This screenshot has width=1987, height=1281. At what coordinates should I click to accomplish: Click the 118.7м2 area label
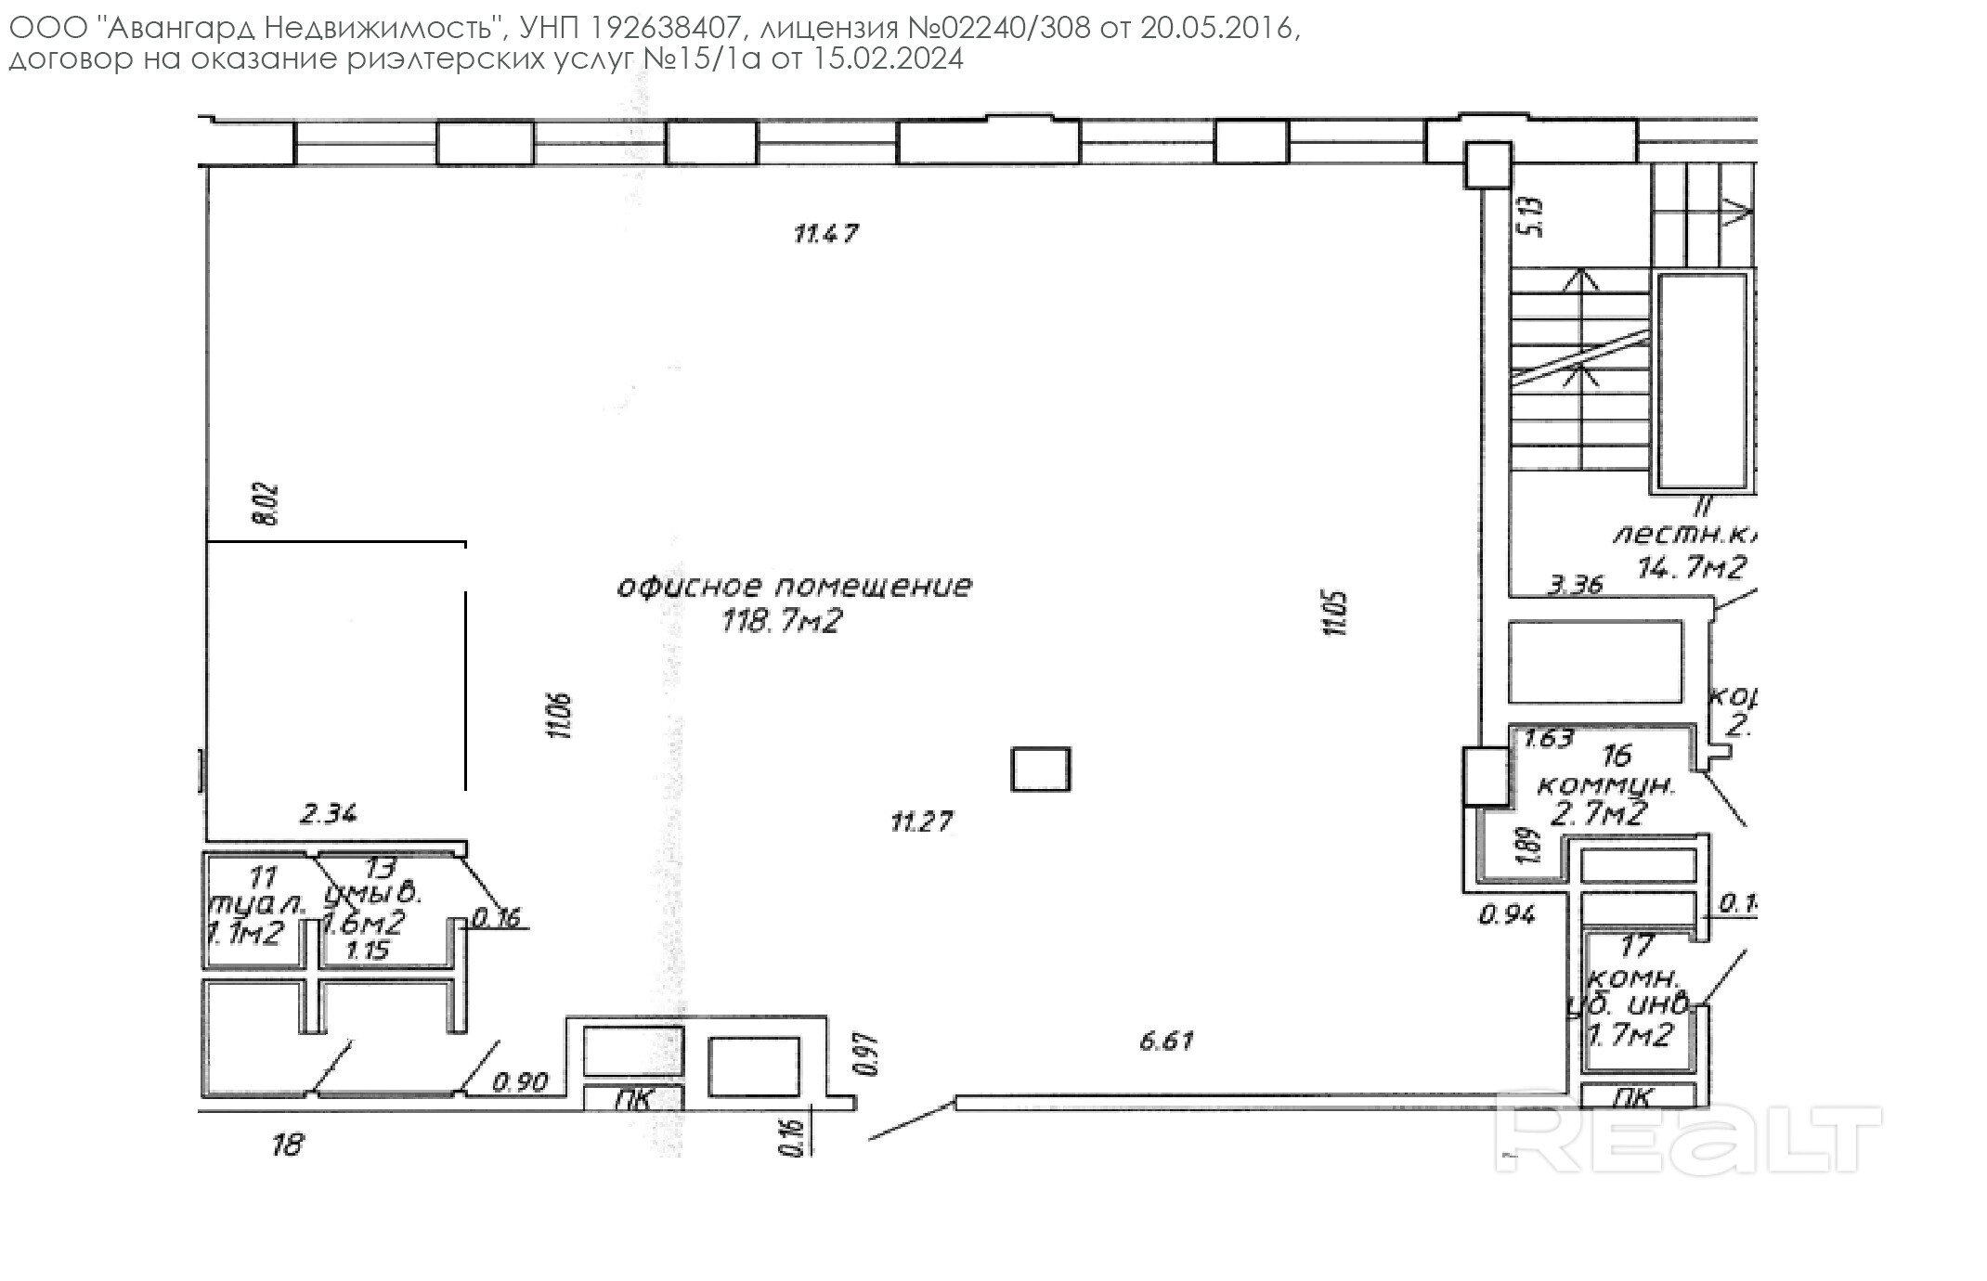click(781, 621)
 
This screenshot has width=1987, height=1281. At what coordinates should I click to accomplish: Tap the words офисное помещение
click(795, 587)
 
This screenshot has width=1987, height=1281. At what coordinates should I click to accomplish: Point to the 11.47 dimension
click(825, 233)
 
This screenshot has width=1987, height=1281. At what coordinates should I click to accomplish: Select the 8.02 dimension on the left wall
click(266, 504)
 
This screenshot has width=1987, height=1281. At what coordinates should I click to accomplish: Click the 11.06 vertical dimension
click(560, 716)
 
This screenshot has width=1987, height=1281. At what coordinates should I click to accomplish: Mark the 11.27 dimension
click(921, 822)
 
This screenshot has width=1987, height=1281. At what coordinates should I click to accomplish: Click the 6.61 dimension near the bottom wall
click(1166, 1041)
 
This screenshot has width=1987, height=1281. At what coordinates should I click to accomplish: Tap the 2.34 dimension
click(328, 814)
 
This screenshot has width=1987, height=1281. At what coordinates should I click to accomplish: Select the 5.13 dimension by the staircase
click(1534, 216)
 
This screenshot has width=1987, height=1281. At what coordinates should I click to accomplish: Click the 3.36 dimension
click(1576, 585)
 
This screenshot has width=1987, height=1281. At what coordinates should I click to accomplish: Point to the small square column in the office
click(1040, 770)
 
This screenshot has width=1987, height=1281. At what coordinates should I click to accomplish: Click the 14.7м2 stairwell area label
click(1692, 567)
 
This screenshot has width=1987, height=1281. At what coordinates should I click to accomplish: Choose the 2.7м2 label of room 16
click(1600, 814)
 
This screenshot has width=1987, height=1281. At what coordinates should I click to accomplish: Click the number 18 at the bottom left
click(287, 1145)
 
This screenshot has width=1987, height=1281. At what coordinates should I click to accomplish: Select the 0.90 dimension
click(520, 1081)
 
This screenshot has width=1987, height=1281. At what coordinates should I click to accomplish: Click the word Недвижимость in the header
click(379, 29)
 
